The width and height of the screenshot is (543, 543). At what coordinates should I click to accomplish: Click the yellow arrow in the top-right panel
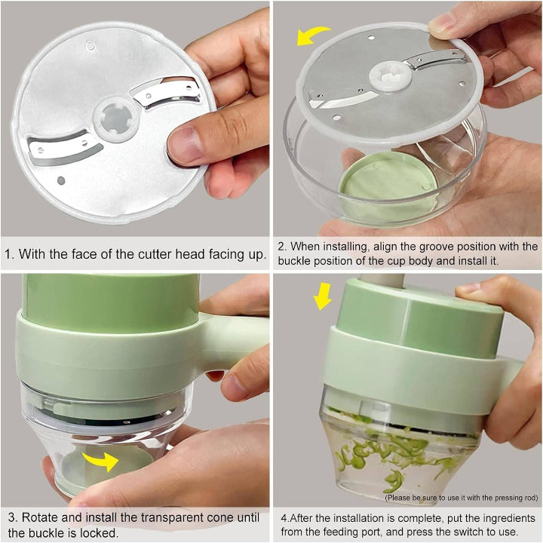click(x=312, y=35)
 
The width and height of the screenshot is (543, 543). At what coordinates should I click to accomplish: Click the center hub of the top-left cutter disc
click(x=115, y=119)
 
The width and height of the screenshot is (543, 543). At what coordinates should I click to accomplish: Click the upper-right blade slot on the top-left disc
click(x=161, y=92)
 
